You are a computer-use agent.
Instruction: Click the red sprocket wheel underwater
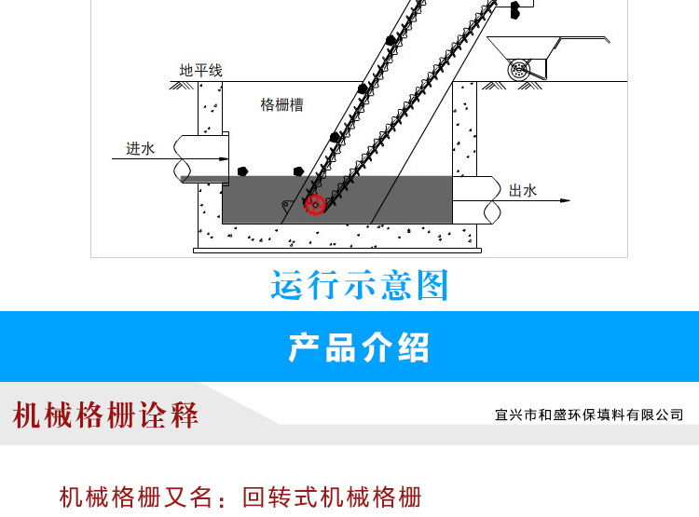point(315,205)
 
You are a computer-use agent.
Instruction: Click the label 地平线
point(200,71)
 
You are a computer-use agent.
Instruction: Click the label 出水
point(523,190)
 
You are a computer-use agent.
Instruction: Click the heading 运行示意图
point(360,285)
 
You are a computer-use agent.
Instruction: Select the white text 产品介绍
point(360,347)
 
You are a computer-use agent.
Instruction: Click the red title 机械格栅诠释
point(106,415)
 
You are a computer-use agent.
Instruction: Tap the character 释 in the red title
point(185,415)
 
